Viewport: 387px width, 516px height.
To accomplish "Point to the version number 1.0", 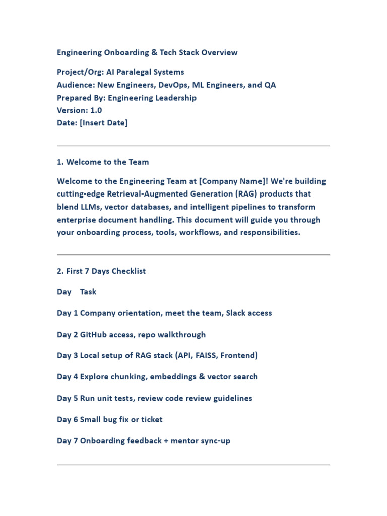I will [x=96, y=111].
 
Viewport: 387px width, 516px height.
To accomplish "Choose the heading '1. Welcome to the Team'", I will [x=103, y=162].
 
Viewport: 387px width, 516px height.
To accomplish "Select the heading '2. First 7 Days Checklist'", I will [x=101, y=271].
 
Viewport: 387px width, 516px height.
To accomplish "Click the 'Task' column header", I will [x=88, y=292].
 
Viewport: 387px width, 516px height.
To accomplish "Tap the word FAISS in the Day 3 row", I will [x=206, y=355].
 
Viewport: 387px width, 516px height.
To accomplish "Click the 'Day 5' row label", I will [x=68, y=398].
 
